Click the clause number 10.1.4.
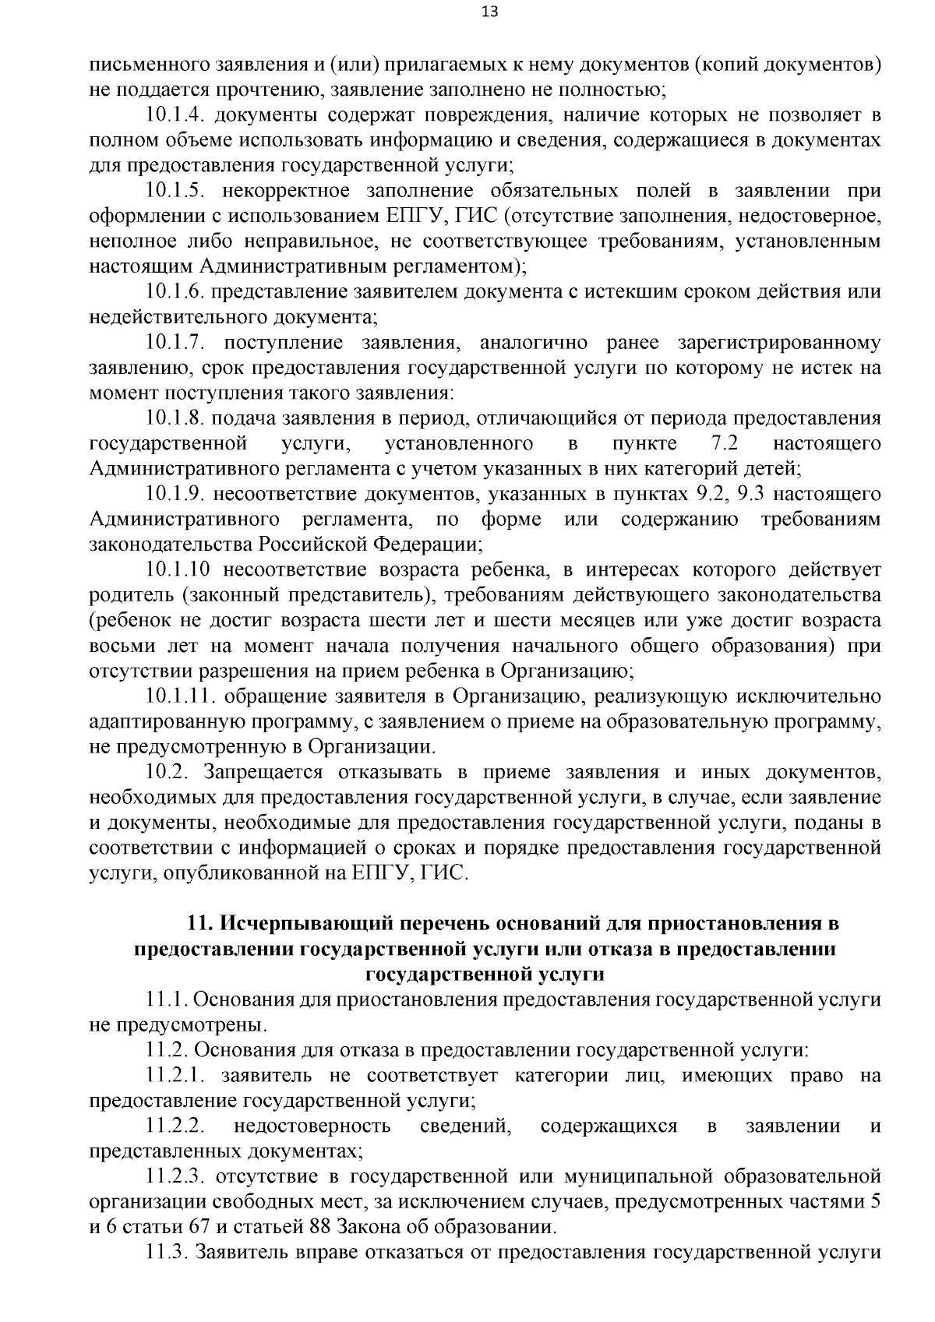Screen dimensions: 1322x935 coord(175,115)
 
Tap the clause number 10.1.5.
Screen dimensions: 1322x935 coord(175,191)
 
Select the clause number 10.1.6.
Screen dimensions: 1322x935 coord(175,292)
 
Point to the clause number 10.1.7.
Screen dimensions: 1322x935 coord(175,343)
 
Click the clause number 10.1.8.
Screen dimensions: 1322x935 coord(175,418)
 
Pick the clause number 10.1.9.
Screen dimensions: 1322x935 coord(175,494)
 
